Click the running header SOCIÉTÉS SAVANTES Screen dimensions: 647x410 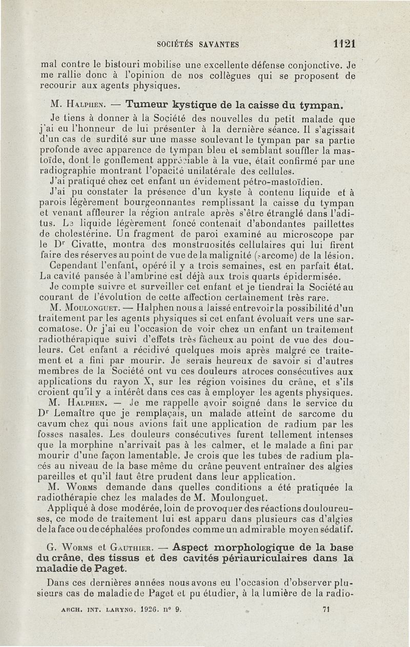[x=198, y=44]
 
